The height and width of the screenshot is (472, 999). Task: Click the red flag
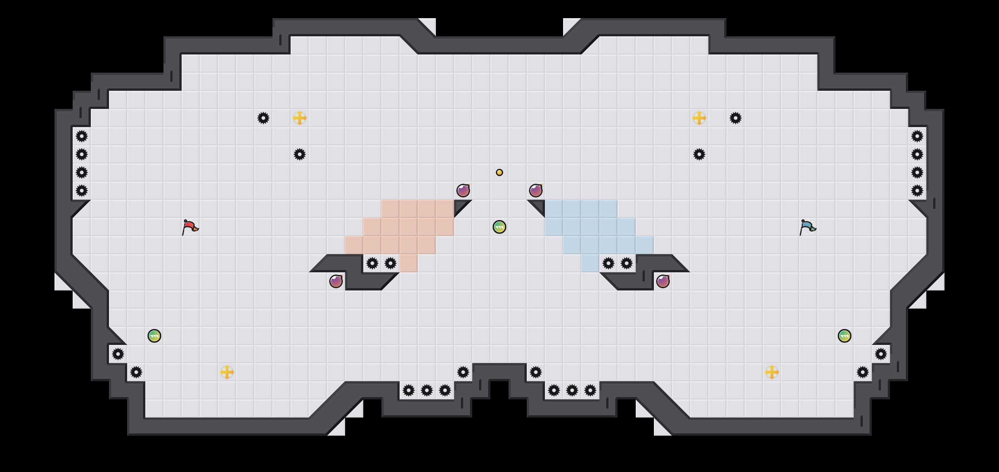pyautogui.click(x=190, y=226)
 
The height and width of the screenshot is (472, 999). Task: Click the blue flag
pyautogui.click(x=807, y=226)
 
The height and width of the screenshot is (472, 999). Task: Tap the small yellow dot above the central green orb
pyautogui.click(x=499, y=172)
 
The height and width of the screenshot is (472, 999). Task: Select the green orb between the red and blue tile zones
pyautogui.click(x=499, y=227)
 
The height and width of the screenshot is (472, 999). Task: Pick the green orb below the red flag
pyautogui.click(x=154, y=336)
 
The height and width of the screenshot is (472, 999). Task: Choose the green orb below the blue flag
pyautogui.click(x=845, y=336)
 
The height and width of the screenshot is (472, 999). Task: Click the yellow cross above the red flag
pyautogui.click(x=300, y=118)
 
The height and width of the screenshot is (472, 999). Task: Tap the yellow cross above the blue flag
pyautogui.click(x=699, y=118)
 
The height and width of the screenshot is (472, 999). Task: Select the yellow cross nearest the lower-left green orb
pyautogui.click(x=227, y=372)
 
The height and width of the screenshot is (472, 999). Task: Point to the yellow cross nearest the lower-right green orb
pyautogui.click(x=772, y=372)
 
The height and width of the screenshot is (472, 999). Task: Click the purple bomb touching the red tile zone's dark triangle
pyautogui.click(x=463, y=191)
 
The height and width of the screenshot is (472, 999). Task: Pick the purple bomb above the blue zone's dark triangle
pyautogui.click(x=536, y=191)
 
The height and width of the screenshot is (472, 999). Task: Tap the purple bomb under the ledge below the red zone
pyautogui.click(x=336, y=281)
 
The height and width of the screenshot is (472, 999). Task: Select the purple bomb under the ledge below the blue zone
pyautogui.click(x=663, y=281)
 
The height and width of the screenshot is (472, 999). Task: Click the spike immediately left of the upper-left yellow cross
pyautogui.click(x=263, y=118)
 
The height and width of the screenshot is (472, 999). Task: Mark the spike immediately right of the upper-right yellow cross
pyautogui.click(x=736, y=118)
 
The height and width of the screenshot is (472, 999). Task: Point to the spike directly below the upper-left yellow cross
pyautogui.click(x=300, y=154)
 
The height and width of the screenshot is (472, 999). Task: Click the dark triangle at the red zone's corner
pyautogui.click(x=460, y=206)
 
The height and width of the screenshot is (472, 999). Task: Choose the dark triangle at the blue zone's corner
pyautogui.click(x=539, y=206)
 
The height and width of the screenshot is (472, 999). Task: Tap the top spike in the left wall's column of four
pyautogui.click(x=82, y=136)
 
